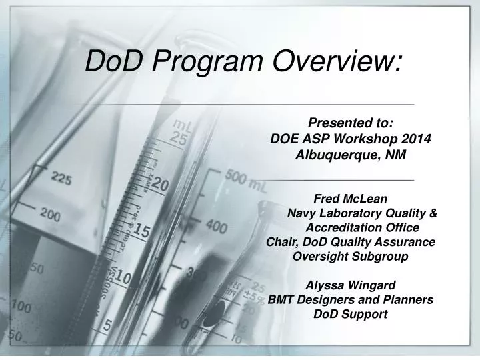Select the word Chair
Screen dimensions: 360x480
(x=280, y=241)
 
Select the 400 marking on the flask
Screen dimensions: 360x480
(x=216, y=227)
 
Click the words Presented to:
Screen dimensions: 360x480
(x=351, y=123)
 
